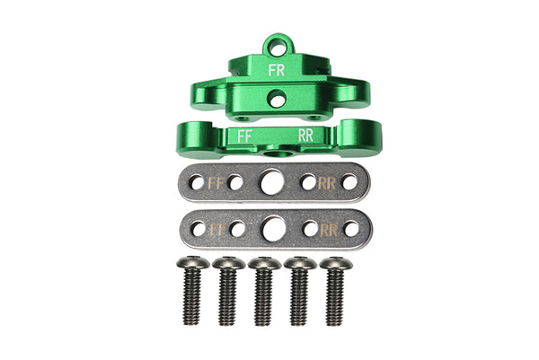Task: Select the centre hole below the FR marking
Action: (278, 100)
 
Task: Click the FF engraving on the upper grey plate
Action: (216, 182)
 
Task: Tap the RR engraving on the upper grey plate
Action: (328, 182)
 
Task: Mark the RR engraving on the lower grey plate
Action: (329, 229)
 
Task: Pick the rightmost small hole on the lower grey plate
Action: (350, 229)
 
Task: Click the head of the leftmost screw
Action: (192, 263)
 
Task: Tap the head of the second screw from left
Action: (228, 263)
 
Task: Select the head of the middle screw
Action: (264, 263)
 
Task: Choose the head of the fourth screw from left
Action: (300, 263)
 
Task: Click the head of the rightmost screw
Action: (335, 263)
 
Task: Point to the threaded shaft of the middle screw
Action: (264, 296)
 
